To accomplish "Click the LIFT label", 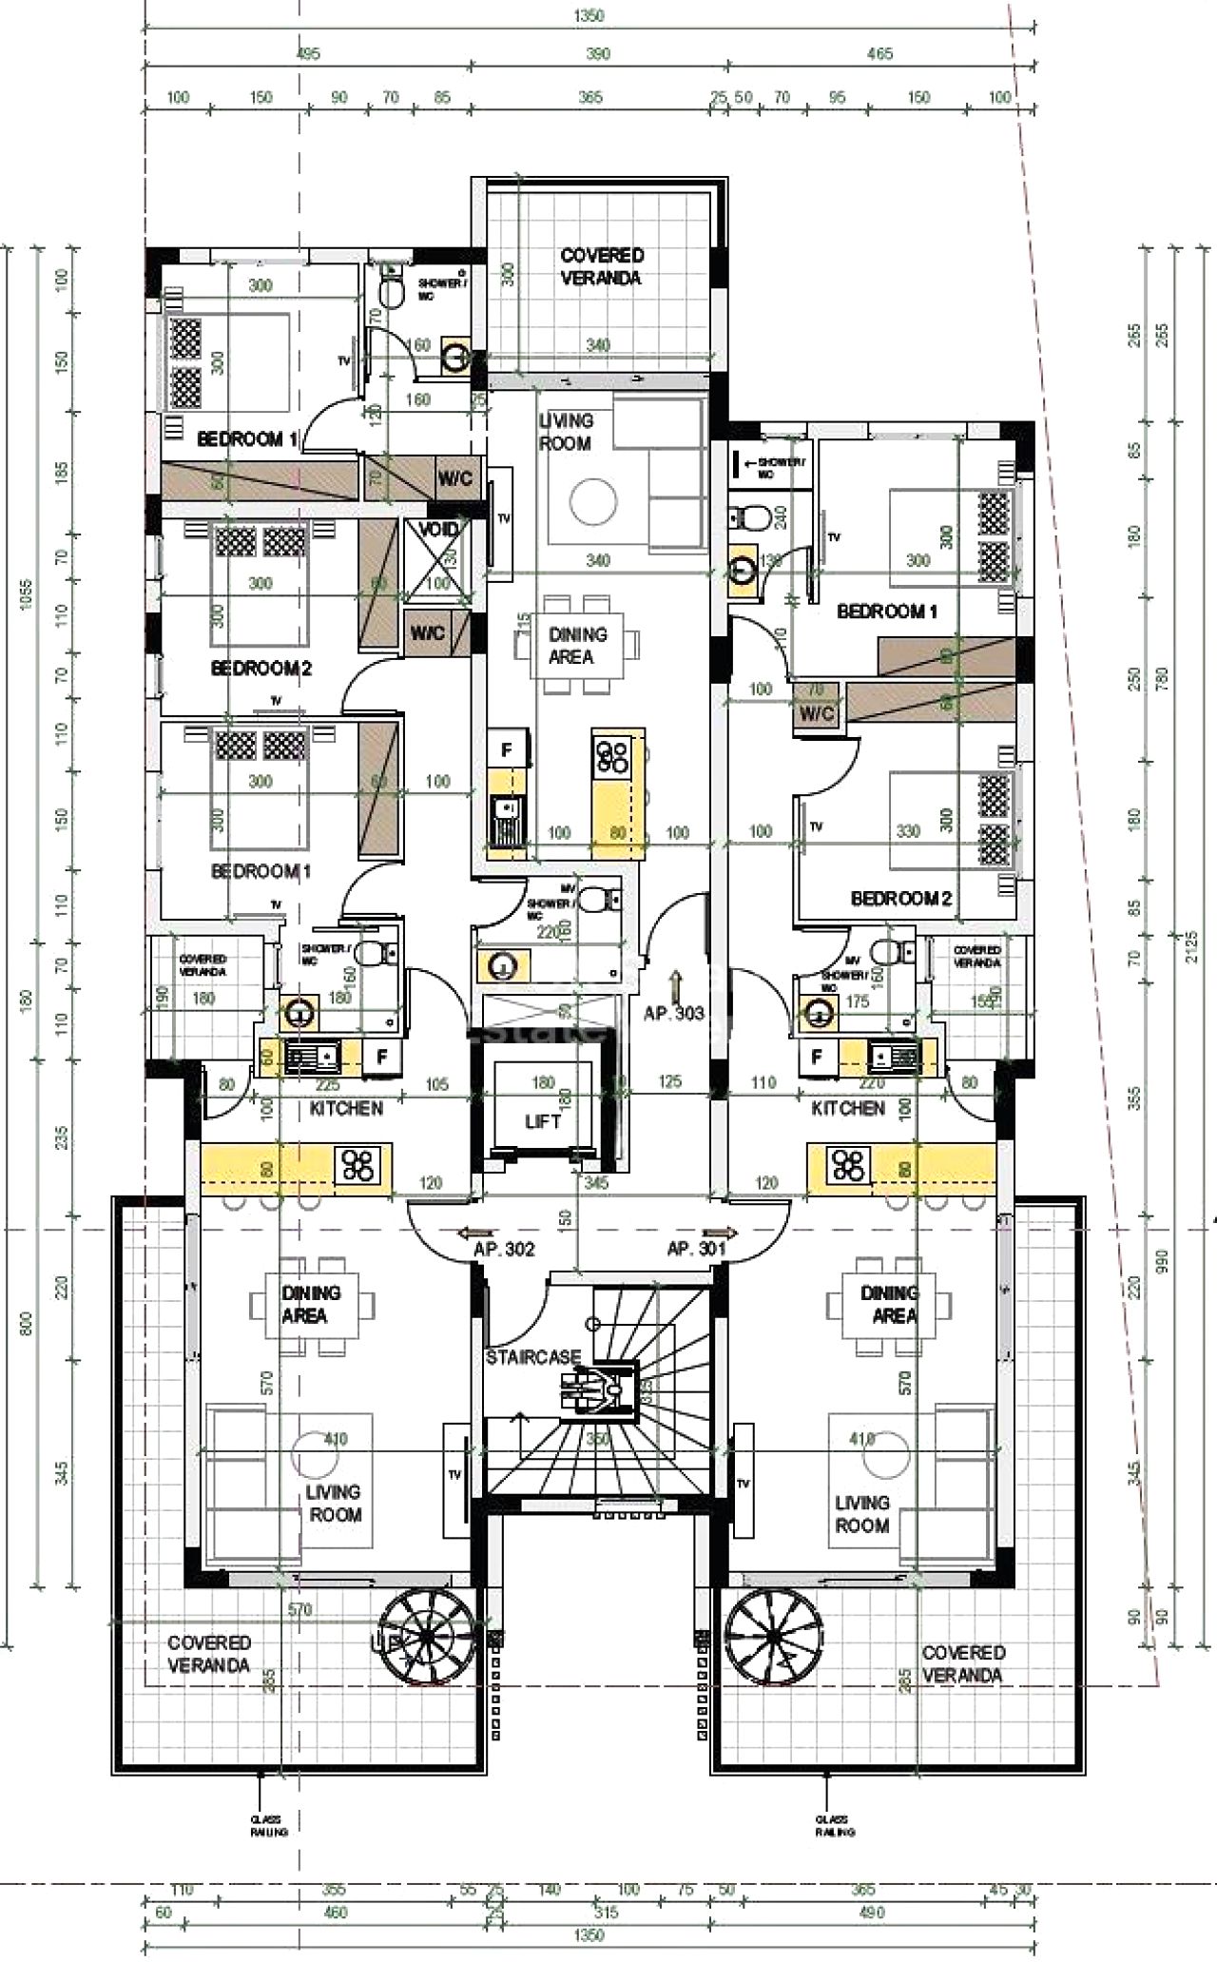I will pos(543,1122).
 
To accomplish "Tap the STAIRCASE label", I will pos(532,1357).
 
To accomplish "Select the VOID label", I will pos(438,530).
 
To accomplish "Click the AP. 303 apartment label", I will pos(674,1014).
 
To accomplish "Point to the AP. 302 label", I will pos(504,1250).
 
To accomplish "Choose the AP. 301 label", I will pos(697,1250).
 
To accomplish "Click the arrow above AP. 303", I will pos(675,981).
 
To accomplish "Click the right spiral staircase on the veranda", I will pos(776,1638).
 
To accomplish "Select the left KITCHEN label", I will pos(346,1109).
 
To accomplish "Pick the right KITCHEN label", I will pos(848,1109).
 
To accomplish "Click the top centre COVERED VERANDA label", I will pos(602,267).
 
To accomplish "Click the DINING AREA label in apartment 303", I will pos(577,646).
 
